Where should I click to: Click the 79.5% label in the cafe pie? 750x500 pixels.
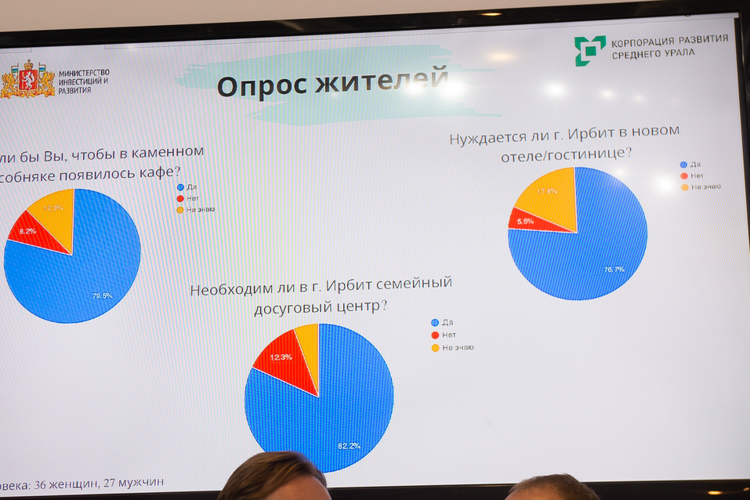click(x=103, y=296)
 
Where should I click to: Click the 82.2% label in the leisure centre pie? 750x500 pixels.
click(x=349, y=445)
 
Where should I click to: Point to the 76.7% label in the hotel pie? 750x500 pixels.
click(x=614, y=269)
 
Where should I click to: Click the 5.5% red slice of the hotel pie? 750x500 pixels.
click(x=525, y=222)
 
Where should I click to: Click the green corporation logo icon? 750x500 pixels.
click(x=589, y=51)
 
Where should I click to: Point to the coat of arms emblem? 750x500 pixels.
click(x=27, y=80)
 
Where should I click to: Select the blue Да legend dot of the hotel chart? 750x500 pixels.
click(x=683, y=165)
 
